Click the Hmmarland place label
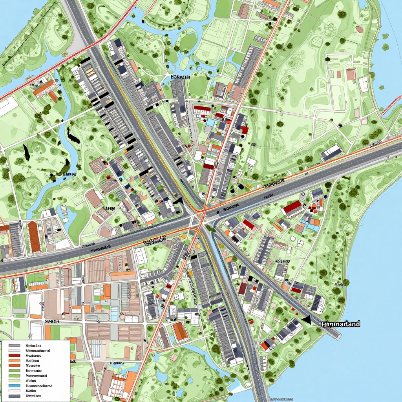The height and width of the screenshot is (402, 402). tap(341, 324)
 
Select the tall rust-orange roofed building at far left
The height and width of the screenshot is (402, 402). tap(34, 237)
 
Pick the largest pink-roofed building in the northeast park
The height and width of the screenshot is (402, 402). tap(351, 74)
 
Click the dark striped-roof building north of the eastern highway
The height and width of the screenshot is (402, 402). tap(331, 152)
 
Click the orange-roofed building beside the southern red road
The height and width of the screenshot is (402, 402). tap(180, 331)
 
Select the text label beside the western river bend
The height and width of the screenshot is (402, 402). tap(69, 173)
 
